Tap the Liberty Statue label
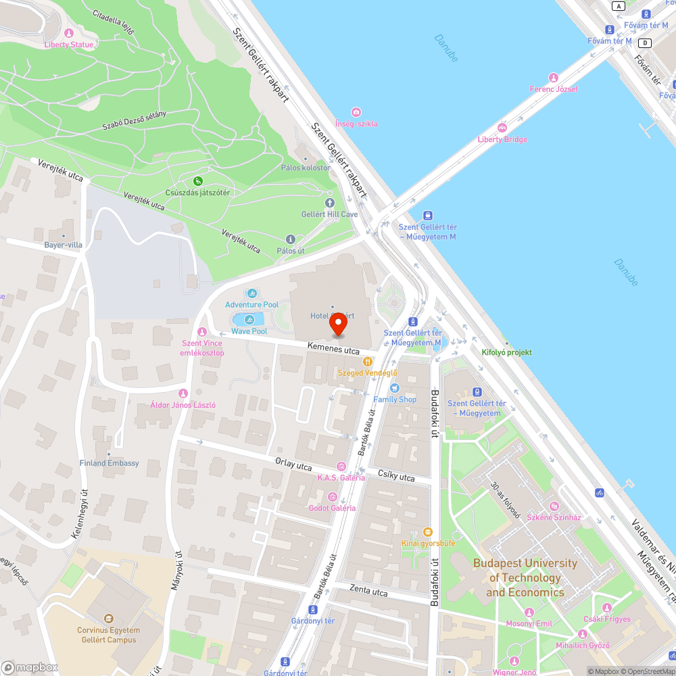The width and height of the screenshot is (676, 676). tap(69, 45)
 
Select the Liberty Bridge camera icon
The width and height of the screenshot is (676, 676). tap(502, 128)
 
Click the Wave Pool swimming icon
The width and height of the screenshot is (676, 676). tap(249, 319)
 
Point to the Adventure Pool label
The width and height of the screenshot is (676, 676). tap(252, 305)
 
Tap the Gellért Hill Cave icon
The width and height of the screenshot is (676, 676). tap(330, 203)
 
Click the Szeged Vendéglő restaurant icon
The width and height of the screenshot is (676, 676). tap(368, 362)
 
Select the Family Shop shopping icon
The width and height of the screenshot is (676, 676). tap(395, 388)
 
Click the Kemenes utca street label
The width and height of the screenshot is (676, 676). tap(333, 349)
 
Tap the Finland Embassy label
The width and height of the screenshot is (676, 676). tap(109, 463)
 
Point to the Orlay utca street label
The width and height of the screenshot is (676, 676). tap(293, 464)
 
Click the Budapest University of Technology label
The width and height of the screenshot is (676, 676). tap(525, 577)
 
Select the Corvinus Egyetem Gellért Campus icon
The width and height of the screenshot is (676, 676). tap(108, 618)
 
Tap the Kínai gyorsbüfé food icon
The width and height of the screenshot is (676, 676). tap(427, 532)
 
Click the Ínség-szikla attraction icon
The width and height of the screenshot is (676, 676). tap(356, 112)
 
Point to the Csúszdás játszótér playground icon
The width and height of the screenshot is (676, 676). tap(198, 181)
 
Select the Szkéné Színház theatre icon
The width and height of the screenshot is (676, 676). tap(554, 506)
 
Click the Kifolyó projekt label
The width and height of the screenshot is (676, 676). tap(506, 352)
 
